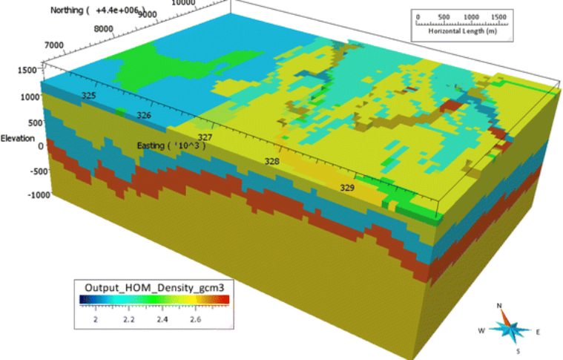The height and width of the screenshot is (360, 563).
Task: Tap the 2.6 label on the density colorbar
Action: (197, 318)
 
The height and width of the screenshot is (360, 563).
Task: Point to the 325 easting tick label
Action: (88, 96)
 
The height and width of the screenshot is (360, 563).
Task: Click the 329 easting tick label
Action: (347, 189)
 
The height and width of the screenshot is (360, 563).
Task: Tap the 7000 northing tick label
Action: (54, 45)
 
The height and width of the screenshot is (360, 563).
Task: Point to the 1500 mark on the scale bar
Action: (499, 16)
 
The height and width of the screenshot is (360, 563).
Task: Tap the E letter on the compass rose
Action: (537, 332)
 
